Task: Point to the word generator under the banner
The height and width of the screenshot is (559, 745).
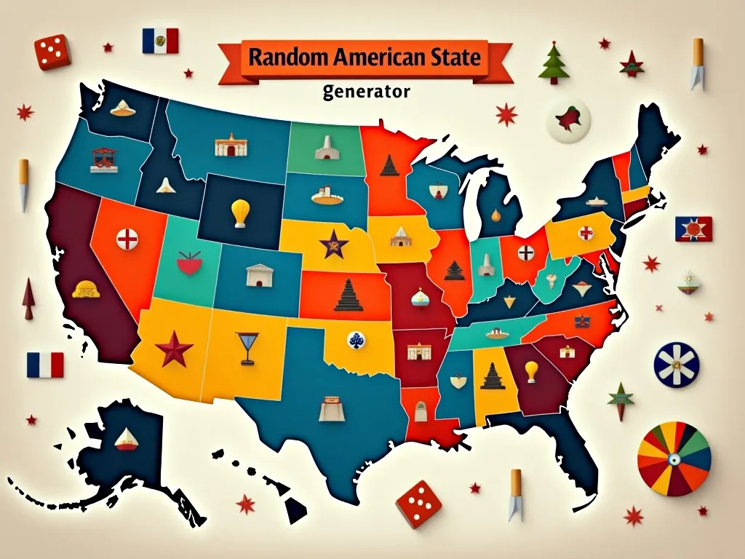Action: (x=366, y=92)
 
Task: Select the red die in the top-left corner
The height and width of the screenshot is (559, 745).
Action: (x=52, y=52)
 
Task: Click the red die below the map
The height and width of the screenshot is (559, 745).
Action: (x=418, y=502)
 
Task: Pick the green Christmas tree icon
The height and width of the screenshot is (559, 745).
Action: (x=553, y=63)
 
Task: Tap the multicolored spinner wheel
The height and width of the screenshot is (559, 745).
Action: (x=674, y=459)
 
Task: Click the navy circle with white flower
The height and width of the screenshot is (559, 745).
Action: (x=676, y=365)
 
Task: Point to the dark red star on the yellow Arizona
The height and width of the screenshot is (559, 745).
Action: (x=175, y=349)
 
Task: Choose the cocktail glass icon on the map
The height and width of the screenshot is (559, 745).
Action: (x=247, y=346)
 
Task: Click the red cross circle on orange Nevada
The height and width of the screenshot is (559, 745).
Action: (x=127, y=238)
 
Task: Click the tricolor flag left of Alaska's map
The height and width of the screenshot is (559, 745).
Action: (x=45, y=365)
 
